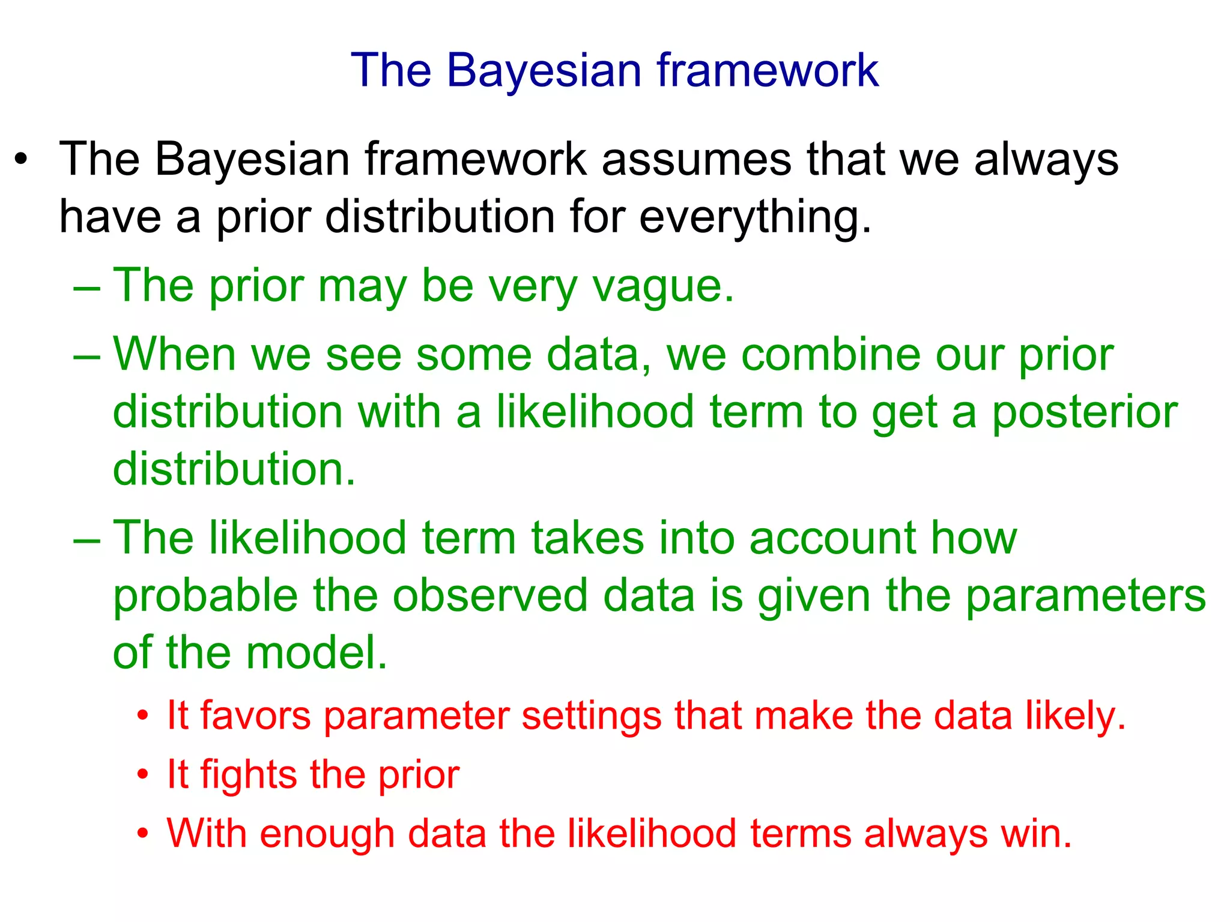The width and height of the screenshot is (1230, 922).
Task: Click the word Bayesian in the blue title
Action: coord(544,71)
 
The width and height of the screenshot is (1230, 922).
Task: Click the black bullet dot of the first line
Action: coord(22,160)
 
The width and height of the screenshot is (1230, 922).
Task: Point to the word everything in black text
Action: coord(754,217)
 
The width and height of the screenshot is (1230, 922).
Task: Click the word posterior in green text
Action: coord(1084,413)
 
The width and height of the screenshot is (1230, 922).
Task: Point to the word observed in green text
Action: coord(490,596)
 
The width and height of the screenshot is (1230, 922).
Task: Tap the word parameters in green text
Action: coord(1085,596)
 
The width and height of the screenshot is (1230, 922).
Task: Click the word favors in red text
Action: coord(255,716)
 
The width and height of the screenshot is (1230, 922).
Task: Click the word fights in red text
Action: coord(249,775)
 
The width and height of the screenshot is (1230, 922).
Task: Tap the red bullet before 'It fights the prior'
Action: coord(142,775)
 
